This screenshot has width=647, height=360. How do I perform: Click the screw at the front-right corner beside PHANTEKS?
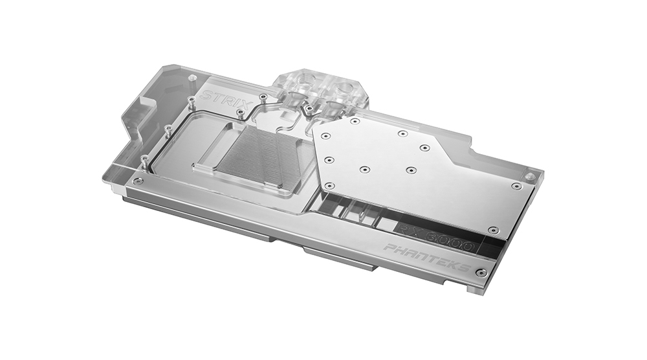481,273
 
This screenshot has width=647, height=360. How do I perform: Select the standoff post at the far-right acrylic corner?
531,176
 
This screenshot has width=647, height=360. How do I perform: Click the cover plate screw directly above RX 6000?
493,230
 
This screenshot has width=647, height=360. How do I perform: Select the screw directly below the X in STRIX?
241,113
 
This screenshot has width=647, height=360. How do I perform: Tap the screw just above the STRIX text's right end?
263,97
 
